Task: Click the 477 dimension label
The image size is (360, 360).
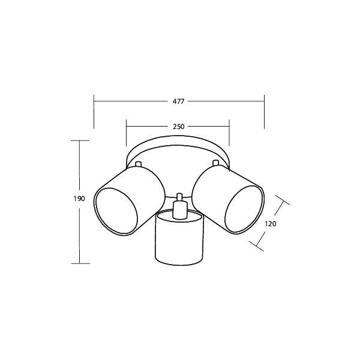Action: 178,101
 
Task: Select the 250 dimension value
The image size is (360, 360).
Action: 178,127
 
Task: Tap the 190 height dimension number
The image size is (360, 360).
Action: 79,199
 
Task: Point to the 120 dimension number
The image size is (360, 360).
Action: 271,224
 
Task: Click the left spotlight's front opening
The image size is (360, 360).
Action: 116,211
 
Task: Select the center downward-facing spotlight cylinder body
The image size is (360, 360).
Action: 179,239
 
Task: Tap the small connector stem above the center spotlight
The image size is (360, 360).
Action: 179,206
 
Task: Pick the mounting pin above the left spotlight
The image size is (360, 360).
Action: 138,164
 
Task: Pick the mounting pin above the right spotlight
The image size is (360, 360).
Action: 215,163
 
